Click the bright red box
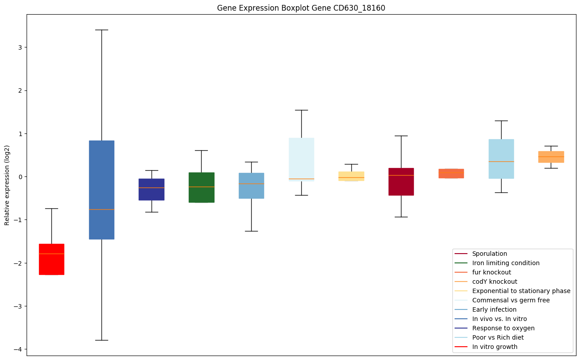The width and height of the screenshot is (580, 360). [x=51, y=259]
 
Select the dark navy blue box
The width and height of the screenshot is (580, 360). [x=152, y=189]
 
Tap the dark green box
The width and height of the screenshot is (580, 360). [x=202, y=188]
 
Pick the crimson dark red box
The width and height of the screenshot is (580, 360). [x=401, y=182]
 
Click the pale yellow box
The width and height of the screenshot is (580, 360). [x=351, y=176]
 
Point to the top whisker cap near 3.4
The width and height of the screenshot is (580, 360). [x=101, y=30]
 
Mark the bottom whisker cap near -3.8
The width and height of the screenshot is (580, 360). [x=101, y=340]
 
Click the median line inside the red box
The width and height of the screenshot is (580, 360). [x=51, y=254]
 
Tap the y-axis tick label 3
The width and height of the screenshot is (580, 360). [x=19, y=47]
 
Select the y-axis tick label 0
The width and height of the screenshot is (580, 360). [x=19, y=177]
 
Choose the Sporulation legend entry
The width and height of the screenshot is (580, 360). [x=489, y=254]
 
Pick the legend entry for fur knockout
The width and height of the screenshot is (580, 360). [x=491, y=272]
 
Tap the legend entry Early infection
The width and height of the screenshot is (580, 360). [x=494, y=309]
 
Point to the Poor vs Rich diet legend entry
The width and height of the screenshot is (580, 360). [x=498, y=337]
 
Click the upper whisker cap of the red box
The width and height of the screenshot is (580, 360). [x=51, y=208]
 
